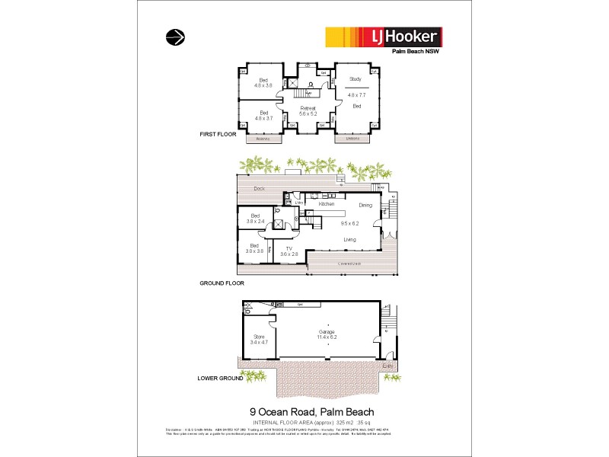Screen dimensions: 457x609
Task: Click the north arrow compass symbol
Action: [174, 36]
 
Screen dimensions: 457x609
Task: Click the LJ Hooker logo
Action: [384, 37]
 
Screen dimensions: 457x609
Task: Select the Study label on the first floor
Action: [355, 79]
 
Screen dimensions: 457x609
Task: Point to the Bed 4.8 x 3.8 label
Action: [263, 82]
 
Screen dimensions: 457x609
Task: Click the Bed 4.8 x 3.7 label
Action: [263, 116]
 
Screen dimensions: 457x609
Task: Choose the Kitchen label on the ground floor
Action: [327, 205]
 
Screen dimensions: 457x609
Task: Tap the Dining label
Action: [365, 205]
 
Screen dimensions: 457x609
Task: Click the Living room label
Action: [349, 239]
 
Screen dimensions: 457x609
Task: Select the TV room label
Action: [289, 251]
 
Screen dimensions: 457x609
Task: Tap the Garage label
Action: [327, 334]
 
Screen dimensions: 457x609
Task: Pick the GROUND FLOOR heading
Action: [221, 282]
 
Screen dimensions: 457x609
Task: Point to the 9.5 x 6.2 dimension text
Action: [350, 224]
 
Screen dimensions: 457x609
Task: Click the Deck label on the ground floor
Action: [259, 188]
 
